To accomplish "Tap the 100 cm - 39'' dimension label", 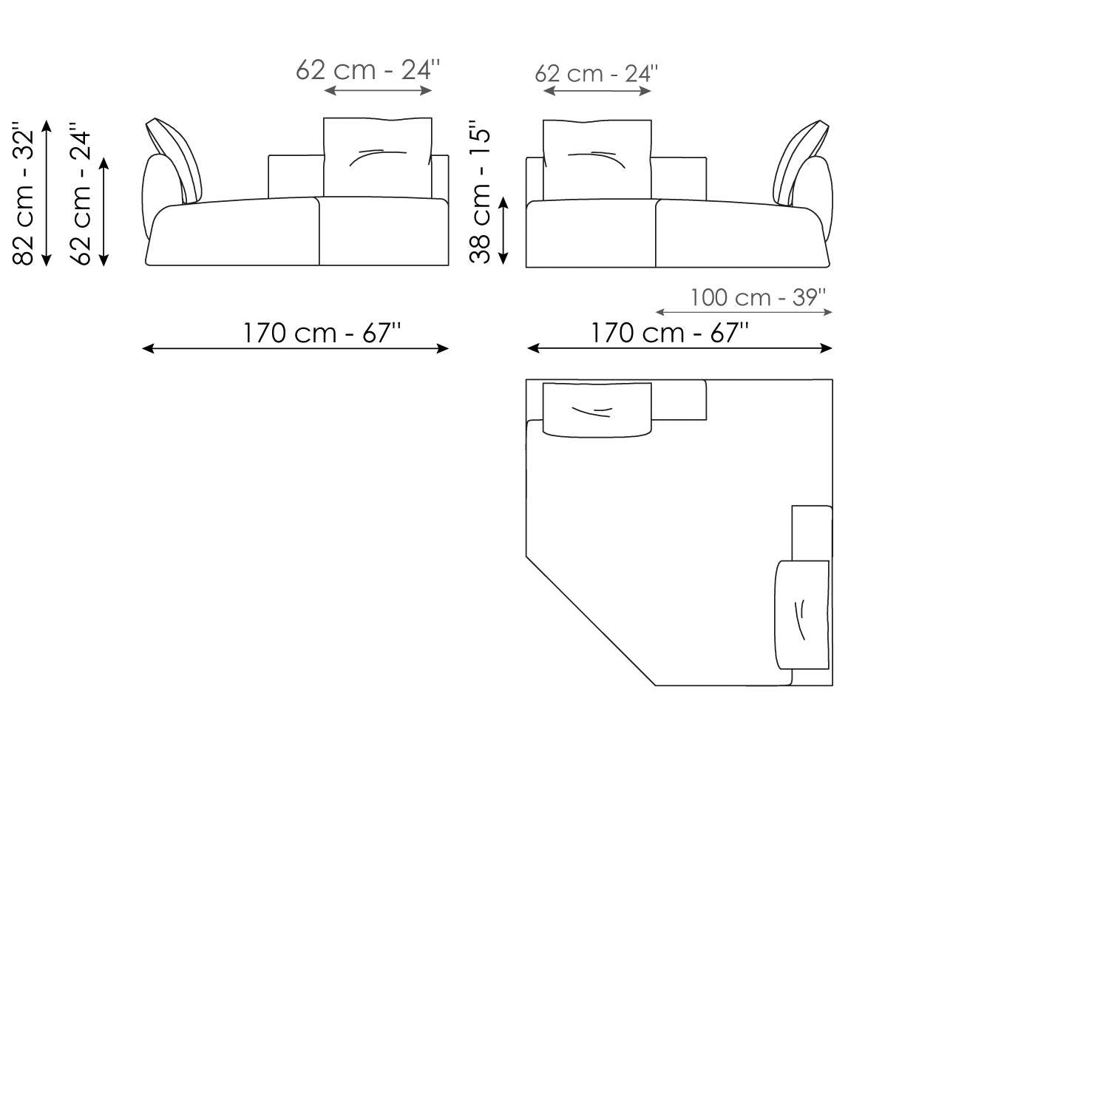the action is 758,297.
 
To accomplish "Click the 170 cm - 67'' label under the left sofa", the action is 322,333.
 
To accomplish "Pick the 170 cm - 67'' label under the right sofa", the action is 669,333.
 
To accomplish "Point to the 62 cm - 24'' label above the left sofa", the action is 368,70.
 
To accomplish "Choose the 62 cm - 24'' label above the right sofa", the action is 596,74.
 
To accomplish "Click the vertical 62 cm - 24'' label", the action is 81,197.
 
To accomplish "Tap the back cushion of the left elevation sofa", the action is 378,157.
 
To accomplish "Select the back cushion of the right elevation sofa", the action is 597,160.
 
